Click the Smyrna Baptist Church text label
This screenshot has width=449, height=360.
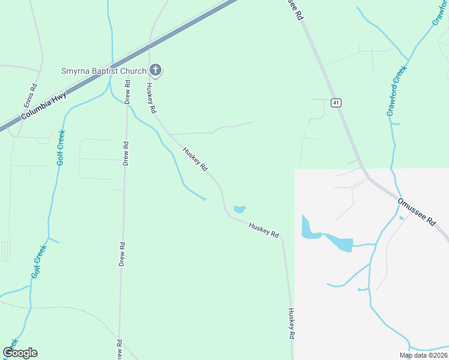click(x=103, y=71)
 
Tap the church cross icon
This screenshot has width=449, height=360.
click(x=155, y=71)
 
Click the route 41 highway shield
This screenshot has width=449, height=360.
click(x=336, y=103)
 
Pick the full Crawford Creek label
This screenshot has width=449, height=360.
click(x=397, y=90)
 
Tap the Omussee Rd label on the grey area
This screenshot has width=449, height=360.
click(x=416, y=212)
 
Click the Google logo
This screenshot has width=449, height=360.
click(x=20, y=353)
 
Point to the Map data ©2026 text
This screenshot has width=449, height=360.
click(x=423, y=355)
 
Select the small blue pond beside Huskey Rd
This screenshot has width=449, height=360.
click(x=240, y=209)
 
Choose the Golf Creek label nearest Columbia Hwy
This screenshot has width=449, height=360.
click(x=61, y=147)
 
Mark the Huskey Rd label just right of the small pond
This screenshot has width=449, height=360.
click(x=264, y=230)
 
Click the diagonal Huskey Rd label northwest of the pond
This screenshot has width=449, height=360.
click(x=195, y=159)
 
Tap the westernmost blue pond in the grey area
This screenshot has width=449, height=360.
click(x=309, y=229)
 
